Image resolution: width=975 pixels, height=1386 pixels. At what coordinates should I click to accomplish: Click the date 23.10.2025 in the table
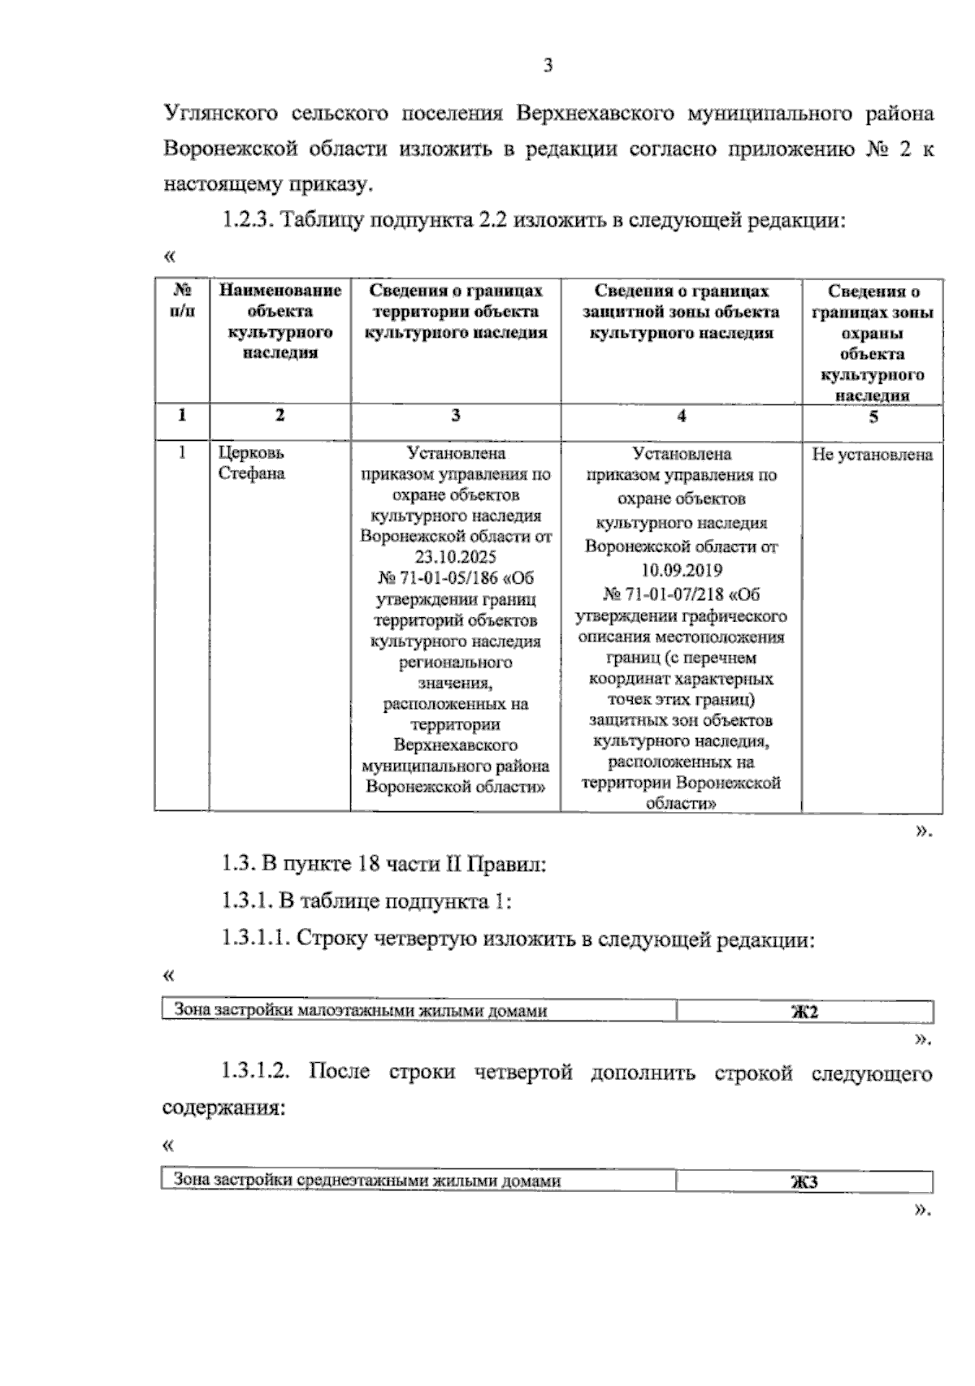(x=456, y=557)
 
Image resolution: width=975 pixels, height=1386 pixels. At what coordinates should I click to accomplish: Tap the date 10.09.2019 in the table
(x=681, y=570)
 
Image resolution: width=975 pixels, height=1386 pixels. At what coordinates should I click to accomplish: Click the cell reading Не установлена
(x=872, y=455)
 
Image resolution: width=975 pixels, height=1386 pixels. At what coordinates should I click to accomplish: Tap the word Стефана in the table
(x=252, y=473)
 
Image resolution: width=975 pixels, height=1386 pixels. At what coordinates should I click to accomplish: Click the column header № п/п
(x=182, y=300)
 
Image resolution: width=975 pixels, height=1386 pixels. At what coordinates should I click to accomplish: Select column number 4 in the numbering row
(x=681, y=417)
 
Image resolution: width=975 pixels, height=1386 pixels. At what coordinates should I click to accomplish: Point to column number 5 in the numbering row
(x=873, y=417)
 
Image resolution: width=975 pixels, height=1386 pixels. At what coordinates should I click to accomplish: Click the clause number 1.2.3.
(x=248, y=221)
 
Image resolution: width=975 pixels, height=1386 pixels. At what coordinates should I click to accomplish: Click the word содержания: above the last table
(x=223, y=1108)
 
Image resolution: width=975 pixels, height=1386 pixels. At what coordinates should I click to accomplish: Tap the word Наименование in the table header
(x=280, y=291)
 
